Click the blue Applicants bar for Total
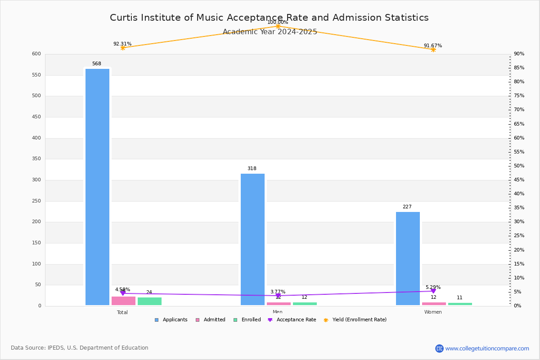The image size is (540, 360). coord(97,187)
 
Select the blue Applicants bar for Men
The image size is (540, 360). coord(252,239)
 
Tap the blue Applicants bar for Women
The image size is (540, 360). coord(408,258)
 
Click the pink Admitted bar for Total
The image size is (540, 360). coord(123,301)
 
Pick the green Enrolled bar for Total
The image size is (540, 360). coord(149,301)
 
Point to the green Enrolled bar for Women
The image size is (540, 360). coord(460,304)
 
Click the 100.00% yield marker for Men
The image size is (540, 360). coord(278,27)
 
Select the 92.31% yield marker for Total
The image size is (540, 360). coord(122,48)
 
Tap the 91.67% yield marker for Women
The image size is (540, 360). coord(433,49)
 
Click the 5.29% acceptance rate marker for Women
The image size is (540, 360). coord(433,291)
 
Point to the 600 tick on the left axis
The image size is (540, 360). coord(36,54)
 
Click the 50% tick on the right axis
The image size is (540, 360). coord(519,166)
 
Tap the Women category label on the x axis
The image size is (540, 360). coord(433,312)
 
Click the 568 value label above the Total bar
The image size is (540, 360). coord(97,64)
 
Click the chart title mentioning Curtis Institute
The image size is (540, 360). coord(269,18)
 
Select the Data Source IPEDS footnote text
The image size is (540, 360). coord(80,348)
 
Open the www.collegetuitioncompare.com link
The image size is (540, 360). coord(487,348)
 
